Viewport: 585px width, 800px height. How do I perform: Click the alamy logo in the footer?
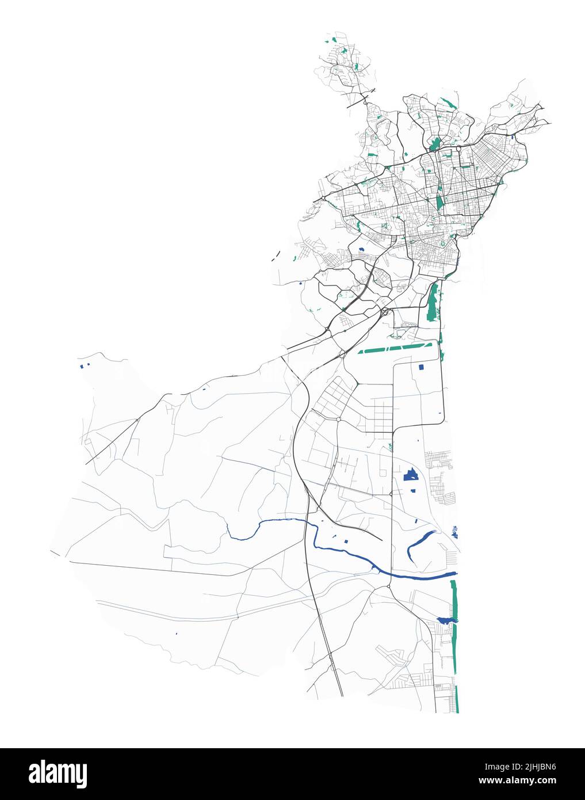click(x=58, y=774)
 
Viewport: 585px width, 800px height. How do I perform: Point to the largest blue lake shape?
click(x=411, y=475)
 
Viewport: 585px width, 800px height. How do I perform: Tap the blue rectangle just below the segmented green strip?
click(x=421, y=367)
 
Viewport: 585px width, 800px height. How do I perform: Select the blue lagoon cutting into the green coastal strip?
click(x=446, y=620)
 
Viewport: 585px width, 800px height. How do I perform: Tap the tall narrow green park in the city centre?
click(x=440, y=199)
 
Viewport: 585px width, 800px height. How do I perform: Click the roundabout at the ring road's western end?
click(x=323, y=197)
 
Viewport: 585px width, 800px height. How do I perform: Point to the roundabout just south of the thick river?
click(x=389, y=587)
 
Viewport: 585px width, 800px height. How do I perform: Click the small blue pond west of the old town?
click(x=361, y=249)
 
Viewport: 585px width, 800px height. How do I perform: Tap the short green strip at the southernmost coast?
click(x=457, y=699)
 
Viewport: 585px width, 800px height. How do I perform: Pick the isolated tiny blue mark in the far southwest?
click(x=176, y=634)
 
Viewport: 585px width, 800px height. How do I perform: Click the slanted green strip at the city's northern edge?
click(x=447, y=104)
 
